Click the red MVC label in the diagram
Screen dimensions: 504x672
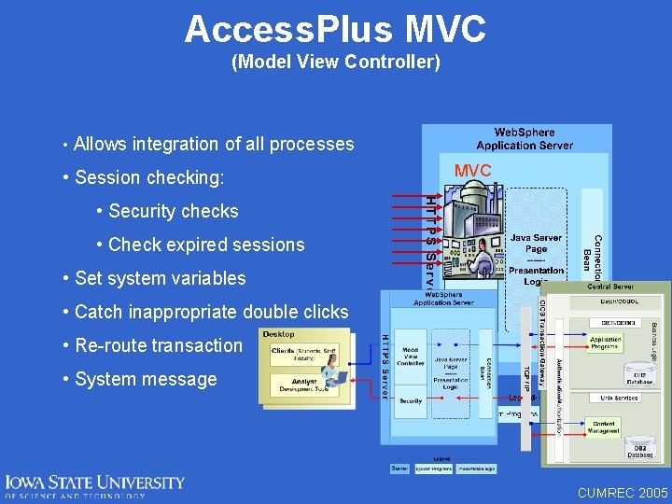472,171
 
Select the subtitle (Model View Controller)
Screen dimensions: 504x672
335,63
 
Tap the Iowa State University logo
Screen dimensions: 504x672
94,486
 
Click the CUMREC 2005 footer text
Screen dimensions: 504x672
623,492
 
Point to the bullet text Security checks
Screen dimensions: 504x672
173,211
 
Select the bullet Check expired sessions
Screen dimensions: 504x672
205,245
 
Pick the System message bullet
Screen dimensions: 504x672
145,379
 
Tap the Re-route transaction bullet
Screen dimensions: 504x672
158,345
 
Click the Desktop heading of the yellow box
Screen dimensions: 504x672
279,334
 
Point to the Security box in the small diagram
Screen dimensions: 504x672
411,400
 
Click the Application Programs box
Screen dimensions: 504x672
606,343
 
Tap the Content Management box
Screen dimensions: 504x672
605,427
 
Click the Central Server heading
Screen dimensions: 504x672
610,287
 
